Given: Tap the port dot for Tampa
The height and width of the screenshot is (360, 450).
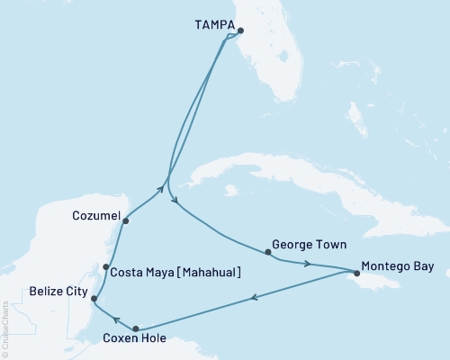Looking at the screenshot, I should click(x=239, y=30).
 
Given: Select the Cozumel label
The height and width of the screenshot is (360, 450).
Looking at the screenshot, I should click(x=94, y=216).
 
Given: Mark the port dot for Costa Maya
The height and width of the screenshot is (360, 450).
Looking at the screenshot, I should click(x=106, y=266).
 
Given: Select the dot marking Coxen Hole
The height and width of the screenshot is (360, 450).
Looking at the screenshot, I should click(x=136, y=329).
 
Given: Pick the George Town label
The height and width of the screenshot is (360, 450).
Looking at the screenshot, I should click(x=309, y=244).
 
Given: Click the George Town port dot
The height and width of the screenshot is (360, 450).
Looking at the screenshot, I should click(x=268, y=252).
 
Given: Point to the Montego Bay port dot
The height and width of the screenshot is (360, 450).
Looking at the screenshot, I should click(x=356, y=271).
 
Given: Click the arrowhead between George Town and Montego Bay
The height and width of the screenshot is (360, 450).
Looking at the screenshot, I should click(x=309, y=264).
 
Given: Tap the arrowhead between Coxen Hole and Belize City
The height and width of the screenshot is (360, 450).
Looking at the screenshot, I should click(x=116, y=318).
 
